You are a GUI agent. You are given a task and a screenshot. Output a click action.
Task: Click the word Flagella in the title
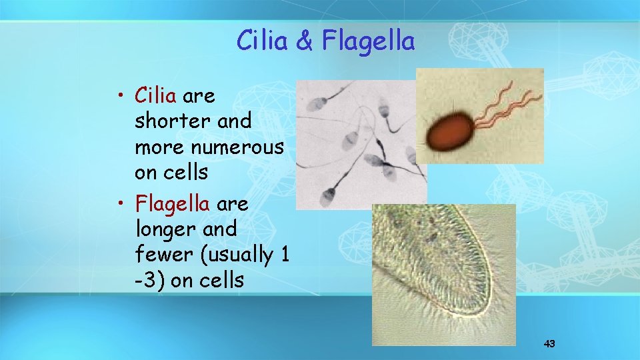368,41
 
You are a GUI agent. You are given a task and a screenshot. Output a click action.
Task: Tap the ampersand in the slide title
303,41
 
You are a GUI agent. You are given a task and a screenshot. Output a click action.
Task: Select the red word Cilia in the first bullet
155,96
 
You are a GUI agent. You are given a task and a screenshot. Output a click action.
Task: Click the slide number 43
549,344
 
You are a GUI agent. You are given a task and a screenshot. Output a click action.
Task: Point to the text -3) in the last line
149,280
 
